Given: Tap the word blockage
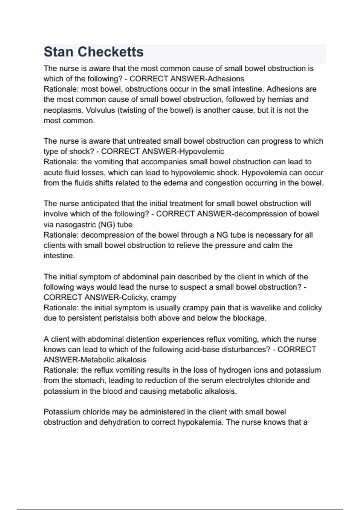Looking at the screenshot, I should coord(251,318).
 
